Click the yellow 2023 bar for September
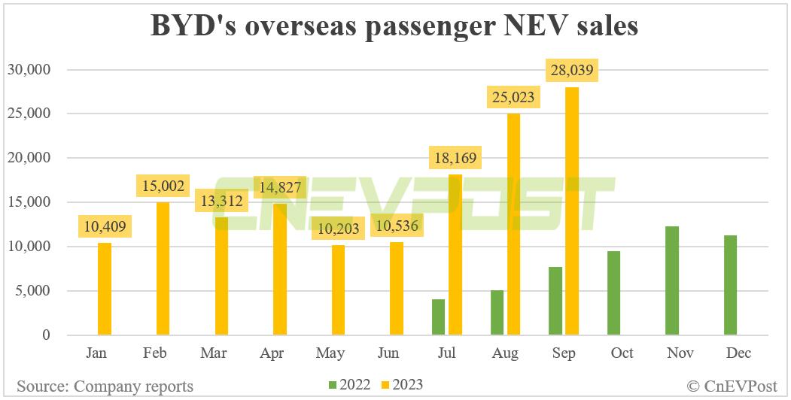pos(572,211)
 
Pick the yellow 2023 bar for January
pos(104,289)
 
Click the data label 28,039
pos(573,71)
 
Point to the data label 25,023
pos(515,97)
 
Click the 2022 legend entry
pos(350,385)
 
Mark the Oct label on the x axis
pos(622,353)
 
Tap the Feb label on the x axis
pos(155,353)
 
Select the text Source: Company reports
pos(105,386)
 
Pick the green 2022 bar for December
pos(730,285)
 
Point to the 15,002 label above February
pos(163,186)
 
